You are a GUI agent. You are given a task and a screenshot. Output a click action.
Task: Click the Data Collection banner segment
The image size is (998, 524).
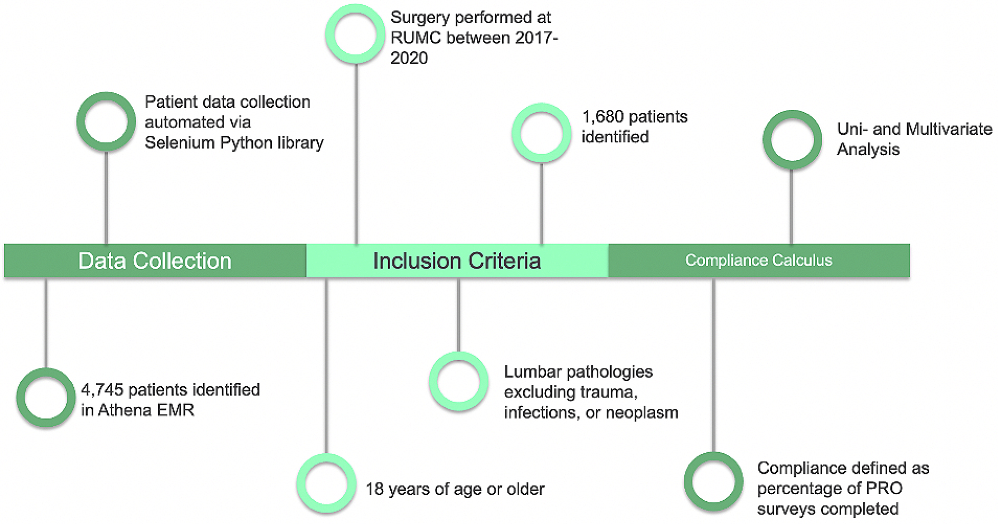(155, 260)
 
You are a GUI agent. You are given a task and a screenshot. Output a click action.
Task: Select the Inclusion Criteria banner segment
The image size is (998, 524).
(457, 260)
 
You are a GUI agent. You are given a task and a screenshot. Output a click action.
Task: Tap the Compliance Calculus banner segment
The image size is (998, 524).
(759, 260)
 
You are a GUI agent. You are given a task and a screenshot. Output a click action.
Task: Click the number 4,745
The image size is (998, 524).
(102, 390)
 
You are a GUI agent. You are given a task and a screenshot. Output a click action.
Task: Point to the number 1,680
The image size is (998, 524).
(602, 117)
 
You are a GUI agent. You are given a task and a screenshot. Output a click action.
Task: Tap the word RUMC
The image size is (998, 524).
(416, 38)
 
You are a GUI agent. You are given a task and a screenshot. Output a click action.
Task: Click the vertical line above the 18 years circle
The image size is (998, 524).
(326, 366)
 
